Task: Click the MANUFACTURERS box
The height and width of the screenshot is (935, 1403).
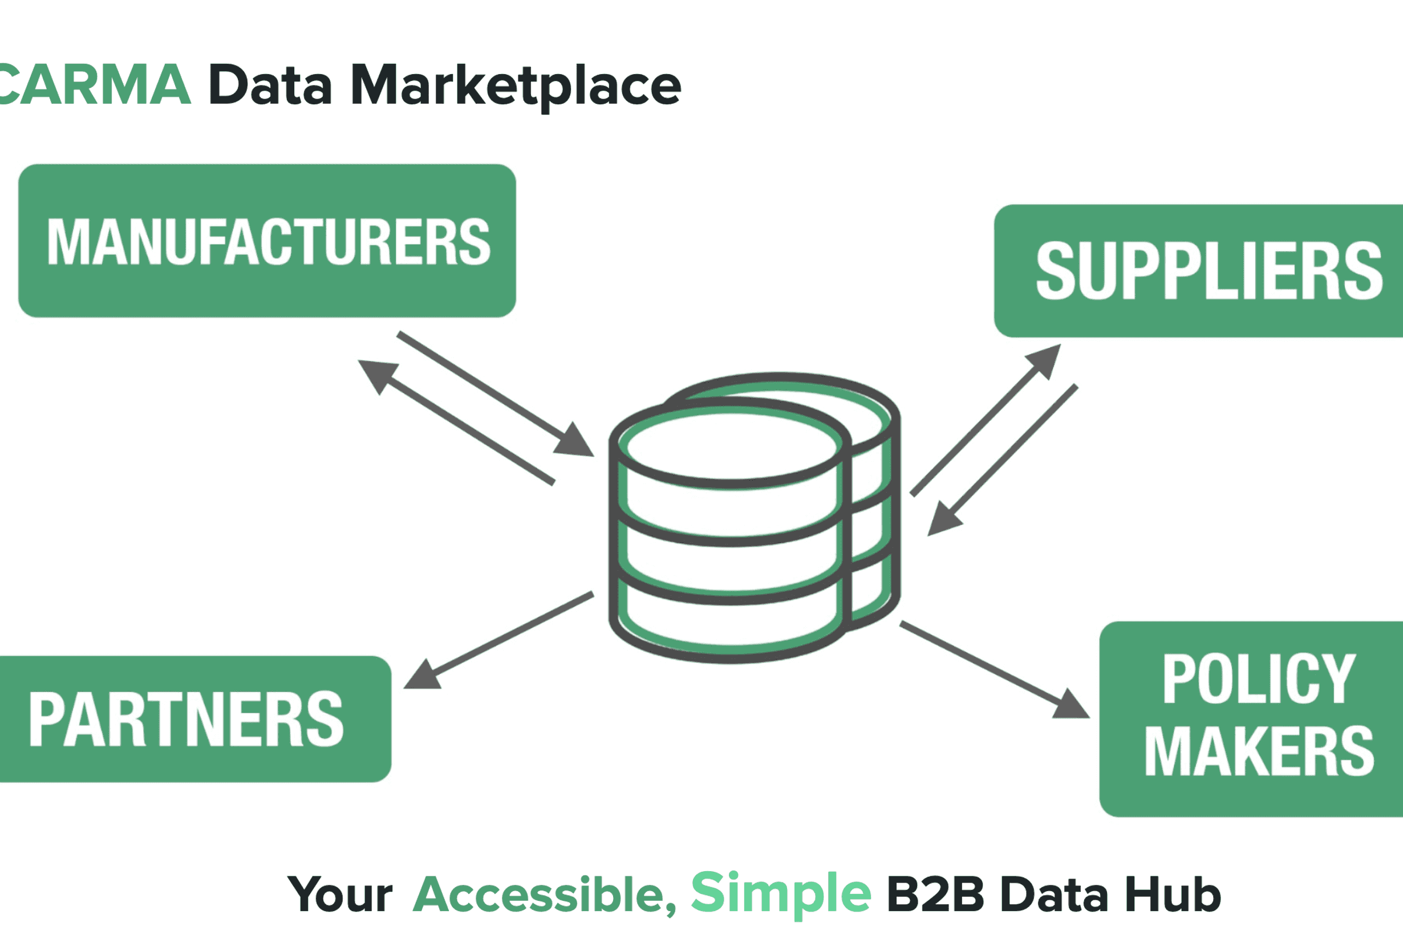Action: [267, 241]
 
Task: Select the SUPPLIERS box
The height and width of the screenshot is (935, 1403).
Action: [1199, 271]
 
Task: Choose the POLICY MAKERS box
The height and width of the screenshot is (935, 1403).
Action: [1251, 719]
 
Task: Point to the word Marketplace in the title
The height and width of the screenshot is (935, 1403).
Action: [516, 87]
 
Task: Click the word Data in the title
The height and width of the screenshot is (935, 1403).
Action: [270, 85]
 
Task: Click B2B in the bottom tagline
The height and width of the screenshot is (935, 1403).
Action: [935, 895]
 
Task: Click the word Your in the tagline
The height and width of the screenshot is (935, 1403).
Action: [340, 895]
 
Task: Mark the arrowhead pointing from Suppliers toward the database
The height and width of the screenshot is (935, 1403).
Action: [944, 519]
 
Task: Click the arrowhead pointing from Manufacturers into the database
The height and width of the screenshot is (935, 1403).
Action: [574, 441]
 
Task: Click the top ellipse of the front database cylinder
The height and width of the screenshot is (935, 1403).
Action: [730, 444]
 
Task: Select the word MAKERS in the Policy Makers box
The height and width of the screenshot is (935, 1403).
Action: [1259, 753]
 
